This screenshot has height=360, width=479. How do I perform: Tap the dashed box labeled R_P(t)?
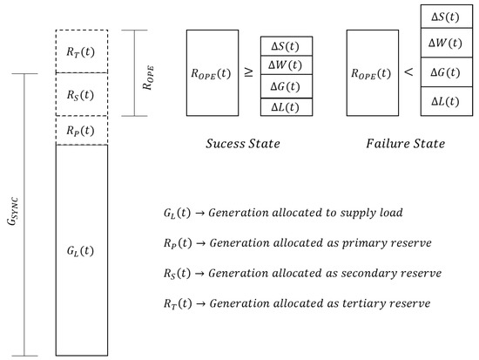(x=81, y=130)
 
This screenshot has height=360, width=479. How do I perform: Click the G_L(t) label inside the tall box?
(x=81, y=251)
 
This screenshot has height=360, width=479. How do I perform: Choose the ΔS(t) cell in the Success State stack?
(x=286, y=47)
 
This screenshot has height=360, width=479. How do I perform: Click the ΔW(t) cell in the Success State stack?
(x=286, y=65)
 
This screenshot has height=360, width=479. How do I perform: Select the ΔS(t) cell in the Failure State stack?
(x=445, y=17)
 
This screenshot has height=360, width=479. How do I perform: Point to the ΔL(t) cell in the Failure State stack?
(x=445, y=103)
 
